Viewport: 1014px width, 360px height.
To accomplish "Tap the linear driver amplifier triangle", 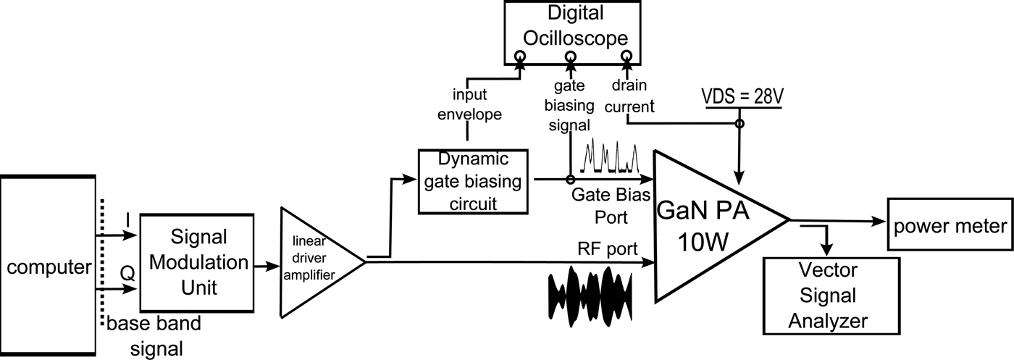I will pos(315,261).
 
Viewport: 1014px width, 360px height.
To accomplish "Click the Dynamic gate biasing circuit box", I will pos(474,181).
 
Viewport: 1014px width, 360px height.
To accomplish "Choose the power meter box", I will pos(950,226).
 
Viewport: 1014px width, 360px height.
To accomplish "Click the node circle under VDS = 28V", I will pos(739,124).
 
